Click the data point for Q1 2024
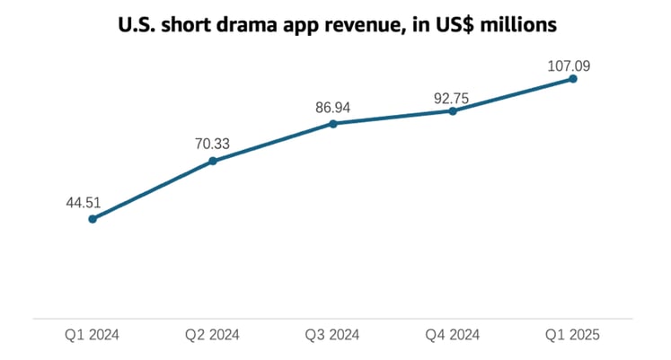pyautogui.click(x=93, y=218)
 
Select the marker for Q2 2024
pyautogui.click(x=213, y=161)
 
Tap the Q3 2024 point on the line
pyautogui.click(x=332, y=123)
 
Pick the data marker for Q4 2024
pyautogui.click(x=452, y=111)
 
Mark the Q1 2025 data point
pyautogui.click(x=572, y=79)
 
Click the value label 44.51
pyautogui.click(x=82, y=203)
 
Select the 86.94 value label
pyautogui.click(x=332, y=107)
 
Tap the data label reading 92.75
pyautogui.click(x=452, y=96)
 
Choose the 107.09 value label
pyautogui.click(x=569, y=65)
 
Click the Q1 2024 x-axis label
pyautogui.click(x=92, y=336)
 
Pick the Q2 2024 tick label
pyautogui.click(x=212, y=336)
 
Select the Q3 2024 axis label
pyautogui.click(x=332, y=336)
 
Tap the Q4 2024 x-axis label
pyautogui.click(x=452, y=336)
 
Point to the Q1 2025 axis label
pyautogui.click(x=571, y=336)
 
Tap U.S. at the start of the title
pyautogui.click(x=136, y=24)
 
